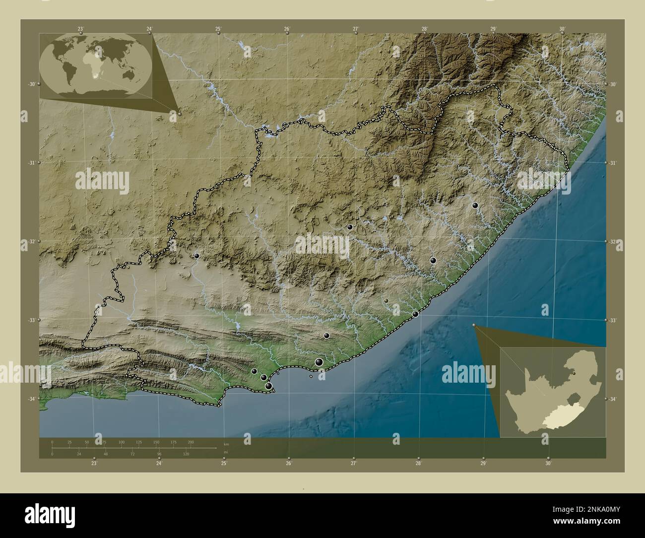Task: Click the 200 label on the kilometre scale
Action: click(191, 442)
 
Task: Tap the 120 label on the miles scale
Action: click(186, 454)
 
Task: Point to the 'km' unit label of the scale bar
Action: click(226, 444)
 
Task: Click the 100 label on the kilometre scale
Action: click(121, 442)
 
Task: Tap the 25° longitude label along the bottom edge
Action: click(224, 464)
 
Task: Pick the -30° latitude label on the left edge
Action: click(32, 84)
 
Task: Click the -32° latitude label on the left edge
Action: click(32, 242)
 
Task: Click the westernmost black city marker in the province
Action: click(197, 256)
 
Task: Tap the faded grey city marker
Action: click(386, 301)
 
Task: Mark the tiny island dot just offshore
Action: click(311, 376)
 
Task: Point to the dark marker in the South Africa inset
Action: click(574, 373)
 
